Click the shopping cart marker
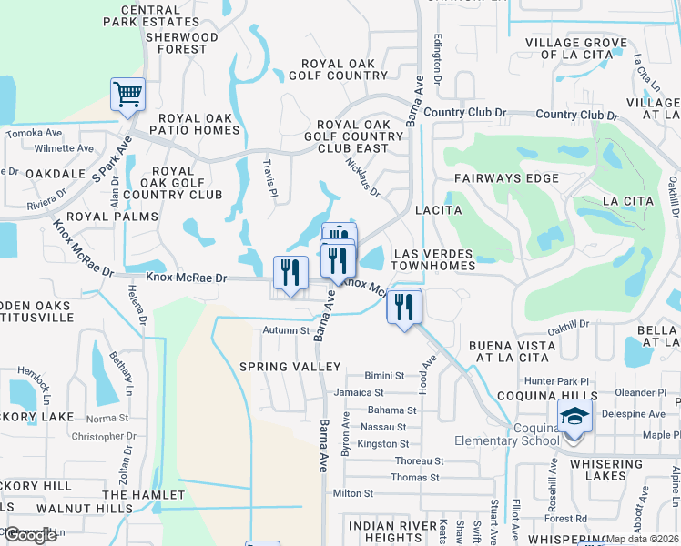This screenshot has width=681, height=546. [127, 94]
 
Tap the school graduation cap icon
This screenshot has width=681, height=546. [574, 417]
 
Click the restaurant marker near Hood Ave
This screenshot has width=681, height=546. [404, 306]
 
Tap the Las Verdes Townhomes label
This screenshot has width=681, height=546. [433, 258]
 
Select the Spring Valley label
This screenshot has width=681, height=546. [290, 367]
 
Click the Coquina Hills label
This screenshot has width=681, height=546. [546, 396]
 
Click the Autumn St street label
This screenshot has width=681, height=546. [287, 330]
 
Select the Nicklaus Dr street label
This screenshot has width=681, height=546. [362, 176]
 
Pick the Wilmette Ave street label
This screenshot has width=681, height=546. [63, 148]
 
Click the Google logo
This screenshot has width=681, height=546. [30, 535]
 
